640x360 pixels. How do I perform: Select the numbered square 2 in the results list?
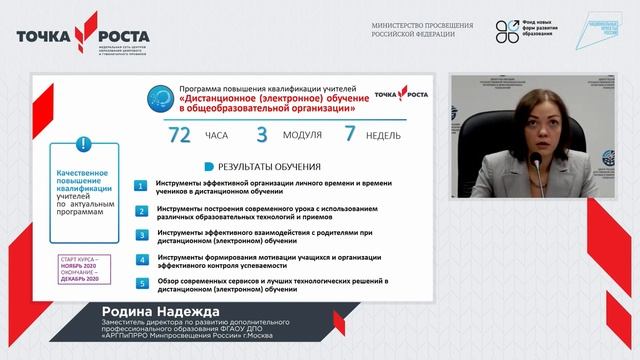click(143, 211)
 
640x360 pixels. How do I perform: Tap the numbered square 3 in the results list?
click(143, 236)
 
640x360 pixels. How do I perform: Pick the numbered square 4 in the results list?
click(143, 260)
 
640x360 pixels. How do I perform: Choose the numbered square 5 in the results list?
click(143, 284)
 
